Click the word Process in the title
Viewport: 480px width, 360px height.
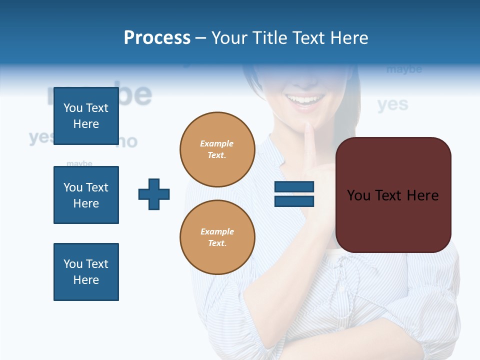[x=157, y=38]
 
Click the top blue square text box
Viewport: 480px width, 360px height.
[x=86, y=116]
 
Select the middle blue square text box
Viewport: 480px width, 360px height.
[x=86, y=195]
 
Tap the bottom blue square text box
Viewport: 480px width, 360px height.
[x=86, y=272]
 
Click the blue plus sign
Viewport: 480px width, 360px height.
[x=154, y=194]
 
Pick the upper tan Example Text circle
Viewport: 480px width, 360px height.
[x=217, y=149]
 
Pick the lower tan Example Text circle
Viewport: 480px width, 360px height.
[x=217, y=237]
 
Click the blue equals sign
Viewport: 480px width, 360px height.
[x=294, y=194]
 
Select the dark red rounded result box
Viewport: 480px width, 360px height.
[x=393, y=195]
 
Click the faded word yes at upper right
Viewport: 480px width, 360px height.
[x=392, y=104]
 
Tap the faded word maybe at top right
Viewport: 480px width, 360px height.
[x=404, y=69]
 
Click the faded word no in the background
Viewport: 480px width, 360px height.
[x=127, y=142]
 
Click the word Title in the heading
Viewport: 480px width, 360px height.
[x=271, y=38]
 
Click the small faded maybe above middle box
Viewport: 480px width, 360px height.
[x=79, y=163]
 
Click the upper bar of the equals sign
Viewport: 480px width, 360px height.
[x=294, y=187]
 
